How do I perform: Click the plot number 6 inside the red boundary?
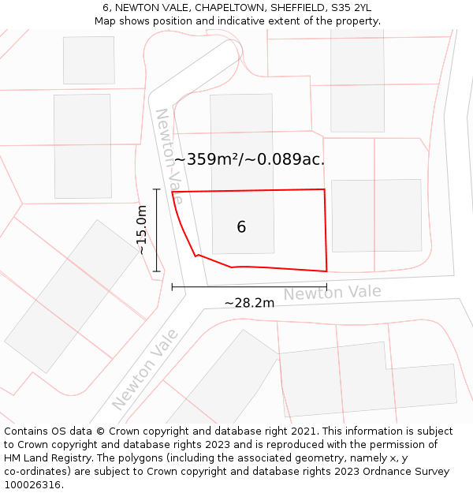coord(241,227)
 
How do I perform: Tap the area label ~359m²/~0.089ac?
coord(249,159)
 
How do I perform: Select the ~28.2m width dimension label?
coord(249,303)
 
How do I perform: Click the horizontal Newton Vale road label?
coord(332,293)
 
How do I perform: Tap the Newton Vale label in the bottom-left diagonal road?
coord(145,369)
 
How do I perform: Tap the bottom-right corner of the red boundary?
coord(326,271)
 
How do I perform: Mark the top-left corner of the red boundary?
coord(172,192)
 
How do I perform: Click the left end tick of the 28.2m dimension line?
coord(172,286)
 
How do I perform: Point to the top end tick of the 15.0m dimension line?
coord(156,189)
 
